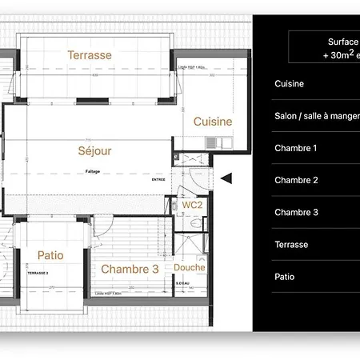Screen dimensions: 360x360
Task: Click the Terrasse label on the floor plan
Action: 90,55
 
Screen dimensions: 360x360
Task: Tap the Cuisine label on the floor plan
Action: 213,122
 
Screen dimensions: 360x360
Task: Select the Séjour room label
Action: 94,150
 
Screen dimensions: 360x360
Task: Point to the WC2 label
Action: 192,206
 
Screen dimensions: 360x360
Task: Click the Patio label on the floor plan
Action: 50,255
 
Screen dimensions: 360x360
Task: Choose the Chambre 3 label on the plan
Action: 130,270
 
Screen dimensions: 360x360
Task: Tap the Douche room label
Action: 190,267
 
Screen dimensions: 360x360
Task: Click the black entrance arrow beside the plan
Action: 226,178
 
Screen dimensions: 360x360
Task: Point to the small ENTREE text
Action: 161,180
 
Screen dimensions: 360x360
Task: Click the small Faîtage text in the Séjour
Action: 94,171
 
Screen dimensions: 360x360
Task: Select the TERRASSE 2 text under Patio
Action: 38,273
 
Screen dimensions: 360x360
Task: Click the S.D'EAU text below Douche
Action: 183,281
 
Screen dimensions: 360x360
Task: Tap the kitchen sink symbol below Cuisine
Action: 212,142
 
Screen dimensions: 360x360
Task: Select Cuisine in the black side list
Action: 289,84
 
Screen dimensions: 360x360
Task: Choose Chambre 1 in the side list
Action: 296,148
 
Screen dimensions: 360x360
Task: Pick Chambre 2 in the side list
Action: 296,180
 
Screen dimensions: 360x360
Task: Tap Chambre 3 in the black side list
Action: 296,212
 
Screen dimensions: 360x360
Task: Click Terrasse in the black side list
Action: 291,245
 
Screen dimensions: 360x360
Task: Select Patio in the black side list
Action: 284,277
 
